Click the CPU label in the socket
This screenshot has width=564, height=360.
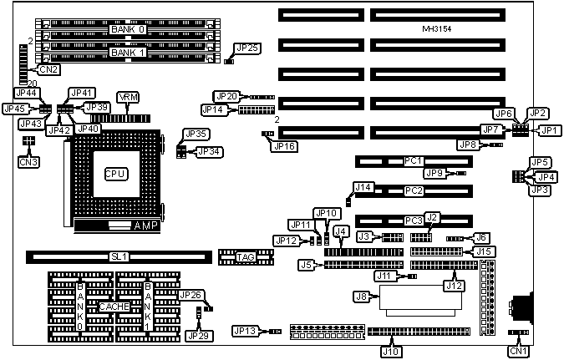coord(114,174)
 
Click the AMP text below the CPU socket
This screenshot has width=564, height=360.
coord(143,226)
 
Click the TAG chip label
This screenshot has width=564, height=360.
coord(244,256)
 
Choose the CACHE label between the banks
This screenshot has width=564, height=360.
coord(113,307)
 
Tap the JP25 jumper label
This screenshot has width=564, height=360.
coord(247,48)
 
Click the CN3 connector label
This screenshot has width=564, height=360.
coord(28,160)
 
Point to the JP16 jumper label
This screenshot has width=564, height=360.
coord(284,145)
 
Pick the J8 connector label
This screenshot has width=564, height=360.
coord(363,296)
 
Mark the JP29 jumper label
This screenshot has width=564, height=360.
coord(198,335)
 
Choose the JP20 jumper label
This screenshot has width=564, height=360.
coord(227,96)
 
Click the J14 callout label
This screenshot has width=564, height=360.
coord(363,186)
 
